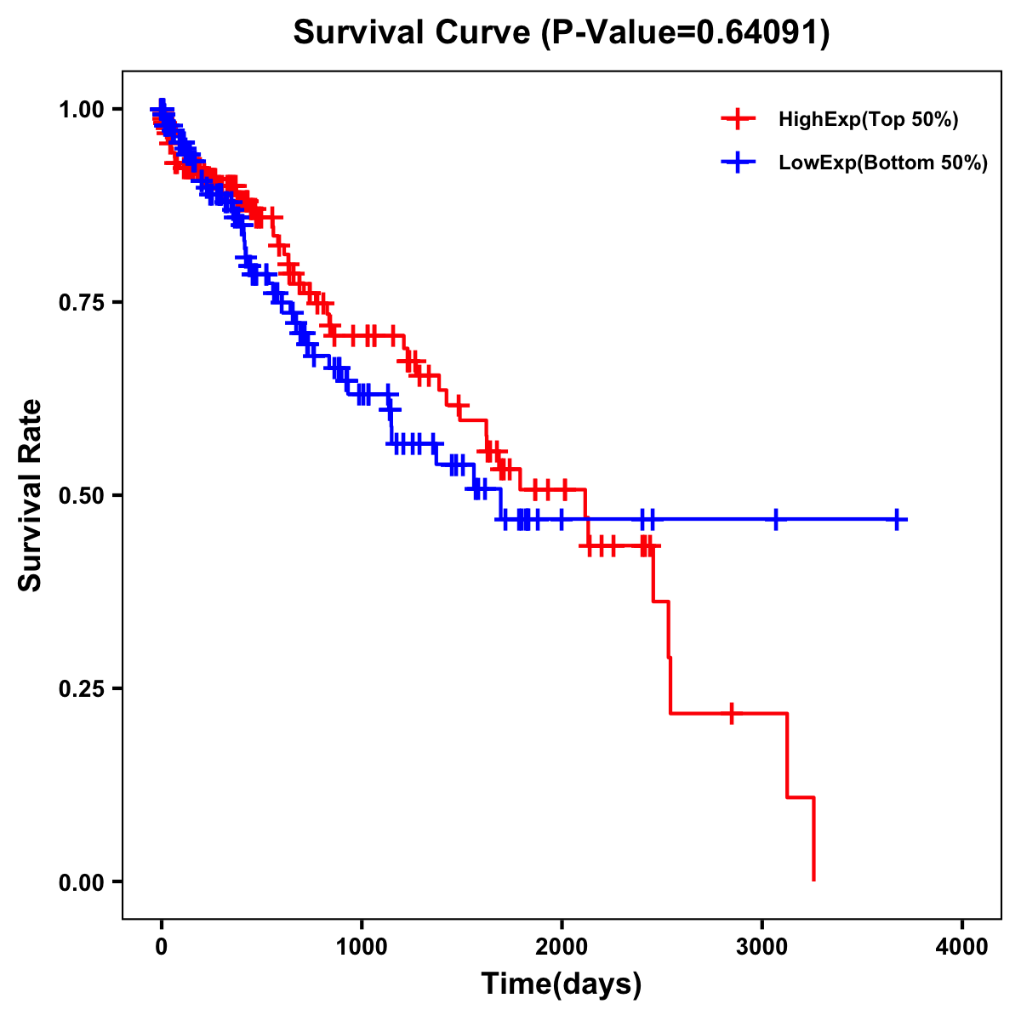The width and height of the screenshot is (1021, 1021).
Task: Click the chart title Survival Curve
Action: (x=414, y=33)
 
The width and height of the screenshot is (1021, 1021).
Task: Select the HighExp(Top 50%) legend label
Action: (x=868, y=120)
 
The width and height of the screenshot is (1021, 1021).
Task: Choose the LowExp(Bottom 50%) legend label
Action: (x=883, y=163)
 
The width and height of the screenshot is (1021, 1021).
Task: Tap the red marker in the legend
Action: (x=739, y=119)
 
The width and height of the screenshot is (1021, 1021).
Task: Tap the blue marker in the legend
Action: (x=739, y=163)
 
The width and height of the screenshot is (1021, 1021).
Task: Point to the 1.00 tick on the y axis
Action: (x=81, y=110)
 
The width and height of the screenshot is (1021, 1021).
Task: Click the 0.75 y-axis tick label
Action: (x=81, y=303)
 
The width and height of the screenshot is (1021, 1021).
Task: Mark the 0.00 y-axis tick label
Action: (x=81, y=882)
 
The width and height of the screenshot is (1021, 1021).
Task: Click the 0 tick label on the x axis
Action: (x=162, y=947)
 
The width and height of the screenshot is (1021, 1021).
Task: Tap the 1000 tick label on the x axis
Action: (x=362, y=947)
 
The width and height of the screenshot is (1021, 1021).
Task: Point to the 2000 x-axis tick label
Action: (x=562, y=947)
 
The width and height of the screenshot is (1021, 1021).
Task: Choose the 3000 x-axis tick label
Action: (x=762, y=947)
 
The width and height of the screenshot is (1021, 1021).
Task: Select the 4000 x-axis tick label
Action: (x=962, y=947)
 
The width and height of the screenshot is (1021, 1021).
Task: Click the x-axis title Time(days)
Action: (x=562, y=984)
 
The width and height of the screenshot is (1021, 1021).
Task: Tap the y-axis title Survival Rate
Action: (x=31, y=495)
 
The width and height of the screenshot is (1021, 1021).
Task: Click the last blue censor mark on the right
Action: (x=897, y=519)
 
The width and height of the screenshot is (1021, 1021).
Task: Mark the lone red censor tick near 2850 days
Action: (x=731, y=713)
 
